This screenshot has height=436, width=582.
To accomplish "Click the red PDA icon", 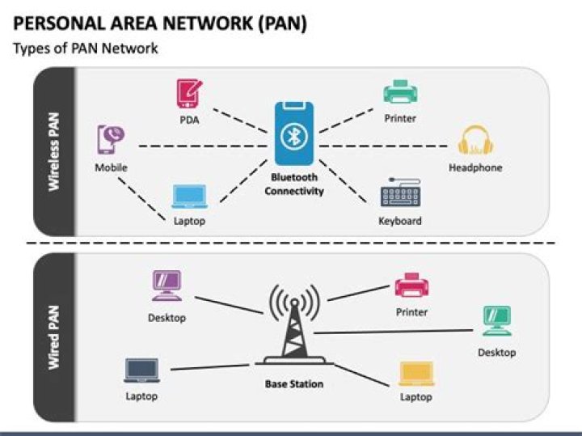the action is pos(189,94).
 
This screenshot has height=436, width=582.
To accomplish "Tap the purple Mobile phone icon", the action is pos(111,140).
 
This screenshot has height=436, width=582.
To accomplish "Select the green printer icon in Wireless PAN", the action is pos(400,91).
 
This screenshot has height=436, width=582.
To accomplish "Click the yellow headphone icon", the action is pos(475,140).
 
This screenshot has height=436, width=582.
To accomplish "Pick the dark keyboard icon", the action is pos(400,193).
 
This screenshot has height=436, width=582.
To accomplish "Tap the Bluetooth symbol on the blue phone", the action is pos(294,137).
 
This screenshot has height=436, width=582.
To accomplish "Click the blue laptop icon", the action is pos(189,197).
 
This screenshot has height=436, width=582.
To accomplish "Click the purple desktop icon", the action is pos(167,286).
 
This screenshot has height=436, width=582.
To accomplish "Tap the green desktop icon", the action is pos(496,321).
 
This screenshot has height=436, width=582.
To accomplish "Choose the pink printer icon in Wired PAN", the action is pos(411,285).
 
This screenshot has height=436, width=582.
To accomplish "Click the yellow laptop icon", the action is pos(416,374).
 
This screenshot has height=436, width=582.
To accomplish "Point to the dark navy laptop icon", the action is pos(141,370).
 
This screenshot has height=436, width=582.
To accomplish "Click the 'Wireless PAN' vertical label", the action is pos(54,152).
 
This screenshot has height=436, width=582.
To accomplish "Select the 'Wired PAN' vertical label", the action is pos(54,337).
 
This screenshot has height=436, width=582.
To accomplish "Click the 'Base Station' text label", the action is pos(294,383).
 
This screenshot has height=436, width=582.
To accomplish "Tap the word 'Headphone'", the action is pos(475,167).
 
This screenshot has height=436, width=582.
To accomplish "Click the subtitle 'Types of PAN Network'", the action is pos(86,49).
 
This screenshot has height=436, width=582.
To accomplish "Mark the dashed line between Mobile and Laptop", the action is pos(141,199).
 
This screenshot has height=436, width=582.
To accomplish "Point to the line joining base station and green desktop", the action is pos(393,332).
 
